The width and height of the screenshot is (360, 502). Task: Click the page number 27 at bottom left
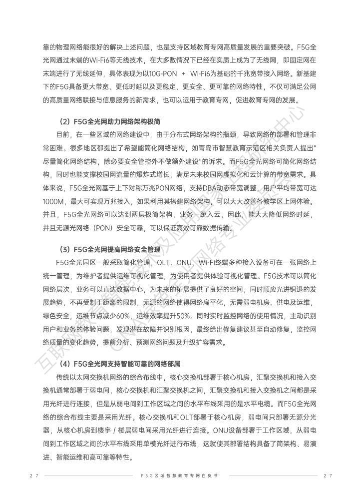click(x=34, y=476)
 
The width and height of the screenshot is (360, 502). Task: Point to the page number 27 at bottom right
click(x=328, y=476)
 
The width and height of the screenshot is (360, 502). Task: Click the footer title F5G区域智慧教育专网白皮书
click(x=180, y=476)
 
